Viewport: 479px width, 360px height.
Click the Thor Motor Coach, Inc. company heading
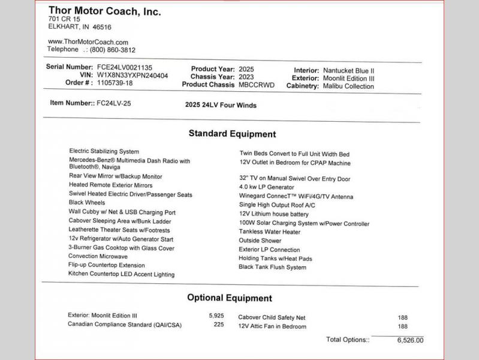[x=104, y=11]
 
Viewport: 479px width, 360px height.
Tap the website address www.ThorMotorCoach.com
[x=88, y=42]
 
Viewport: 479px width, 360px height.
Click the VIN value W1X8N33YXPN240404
[x=132, y=76]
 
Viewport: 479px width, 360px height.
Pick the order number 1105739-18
[x=115, y=83]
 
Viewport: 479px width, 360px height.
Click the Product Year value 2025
[x=246, y=70]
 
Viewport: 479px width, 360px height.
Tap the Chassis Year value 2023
[x=246, y=77]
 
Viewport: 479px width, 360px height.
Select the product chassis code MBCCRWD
[x=256, y=85]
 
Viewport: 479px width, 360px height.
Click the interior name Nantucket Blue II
[x=348, y=71]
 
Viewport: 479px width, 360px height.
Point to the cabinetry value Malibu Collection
[x=348, y=86]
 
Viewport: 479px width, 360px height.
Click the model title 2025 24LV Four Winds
[x=221, y=106]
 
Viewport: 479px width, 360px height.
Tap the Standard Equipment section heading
[x=232, y=134]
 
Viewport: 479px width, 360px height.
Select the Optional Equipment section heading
[x=229, y=298]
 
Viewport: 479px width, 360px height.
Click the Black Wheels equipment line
[x=87, y=203]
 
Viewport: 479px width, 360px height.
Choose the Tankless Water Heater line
[x=270, y=232]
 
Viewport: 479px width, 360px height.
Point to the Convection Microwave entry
[x=98, y=256]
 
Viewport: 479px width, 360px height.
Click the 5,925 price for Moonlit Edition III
[x=216, y=316]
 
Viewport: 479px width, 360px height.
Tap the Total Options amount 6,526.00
[x=410, y=340]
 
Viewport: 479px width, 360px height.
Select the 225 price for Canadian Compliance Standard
[x=219, y=325]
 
